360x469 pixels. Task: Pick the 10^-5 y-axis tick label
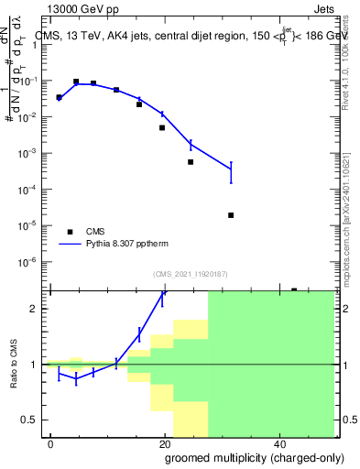pyautogui.click(x=31, y=225)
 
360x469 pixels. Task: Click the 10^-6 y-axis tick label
pyautogui.click(x=31, y=262)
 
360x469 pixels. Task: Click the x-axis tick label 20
pyautogui.click(x=164, y=443)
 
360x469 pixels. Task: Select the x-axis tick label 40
pyautogui.click(x=278, y=443)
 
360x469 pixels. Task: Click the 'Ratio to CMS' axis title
pyautogui.click(x=15, y=364)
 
